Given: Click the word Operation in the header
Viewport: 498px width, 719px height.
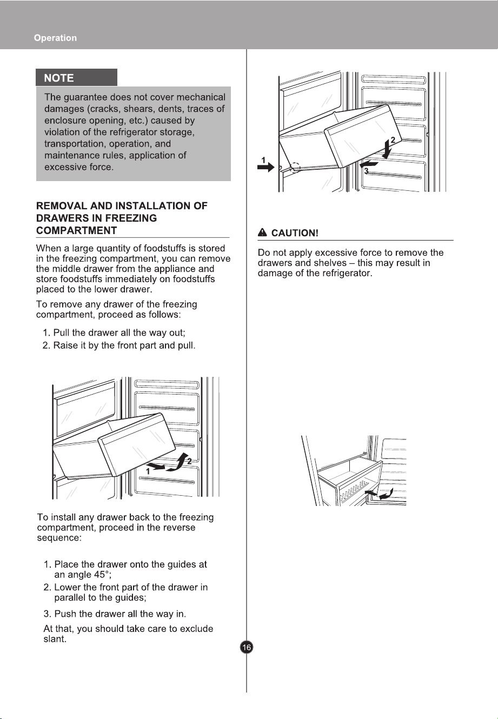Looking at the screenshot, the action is [x=55, y=38].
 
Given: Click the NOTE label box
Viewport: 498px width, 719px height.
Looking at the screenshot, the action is [x=76, y=77].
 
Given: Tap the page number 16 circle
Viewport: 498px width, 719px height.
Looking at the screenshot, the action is [x=247, y=647].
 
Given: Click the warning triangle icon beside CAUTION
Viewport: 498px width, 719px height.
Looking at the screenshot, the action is [x=262, y=232].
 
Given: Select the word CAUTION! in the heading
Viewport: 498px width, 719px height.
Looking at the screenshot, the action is [x=295, y=233].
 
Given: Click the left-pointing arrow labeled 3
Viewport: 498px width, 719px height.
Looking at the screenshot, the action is [x=369, y=164].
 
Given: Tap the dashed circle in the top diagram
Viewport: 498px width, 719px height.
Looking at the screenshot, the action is [x=295, y=167].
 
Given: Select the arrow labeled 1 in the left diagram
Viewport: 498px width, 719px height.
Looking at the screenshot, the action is [x=156, y=466].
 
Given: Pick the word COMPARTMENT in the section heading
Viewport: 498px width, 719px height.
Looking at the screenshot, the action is [x=76, y=230].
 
